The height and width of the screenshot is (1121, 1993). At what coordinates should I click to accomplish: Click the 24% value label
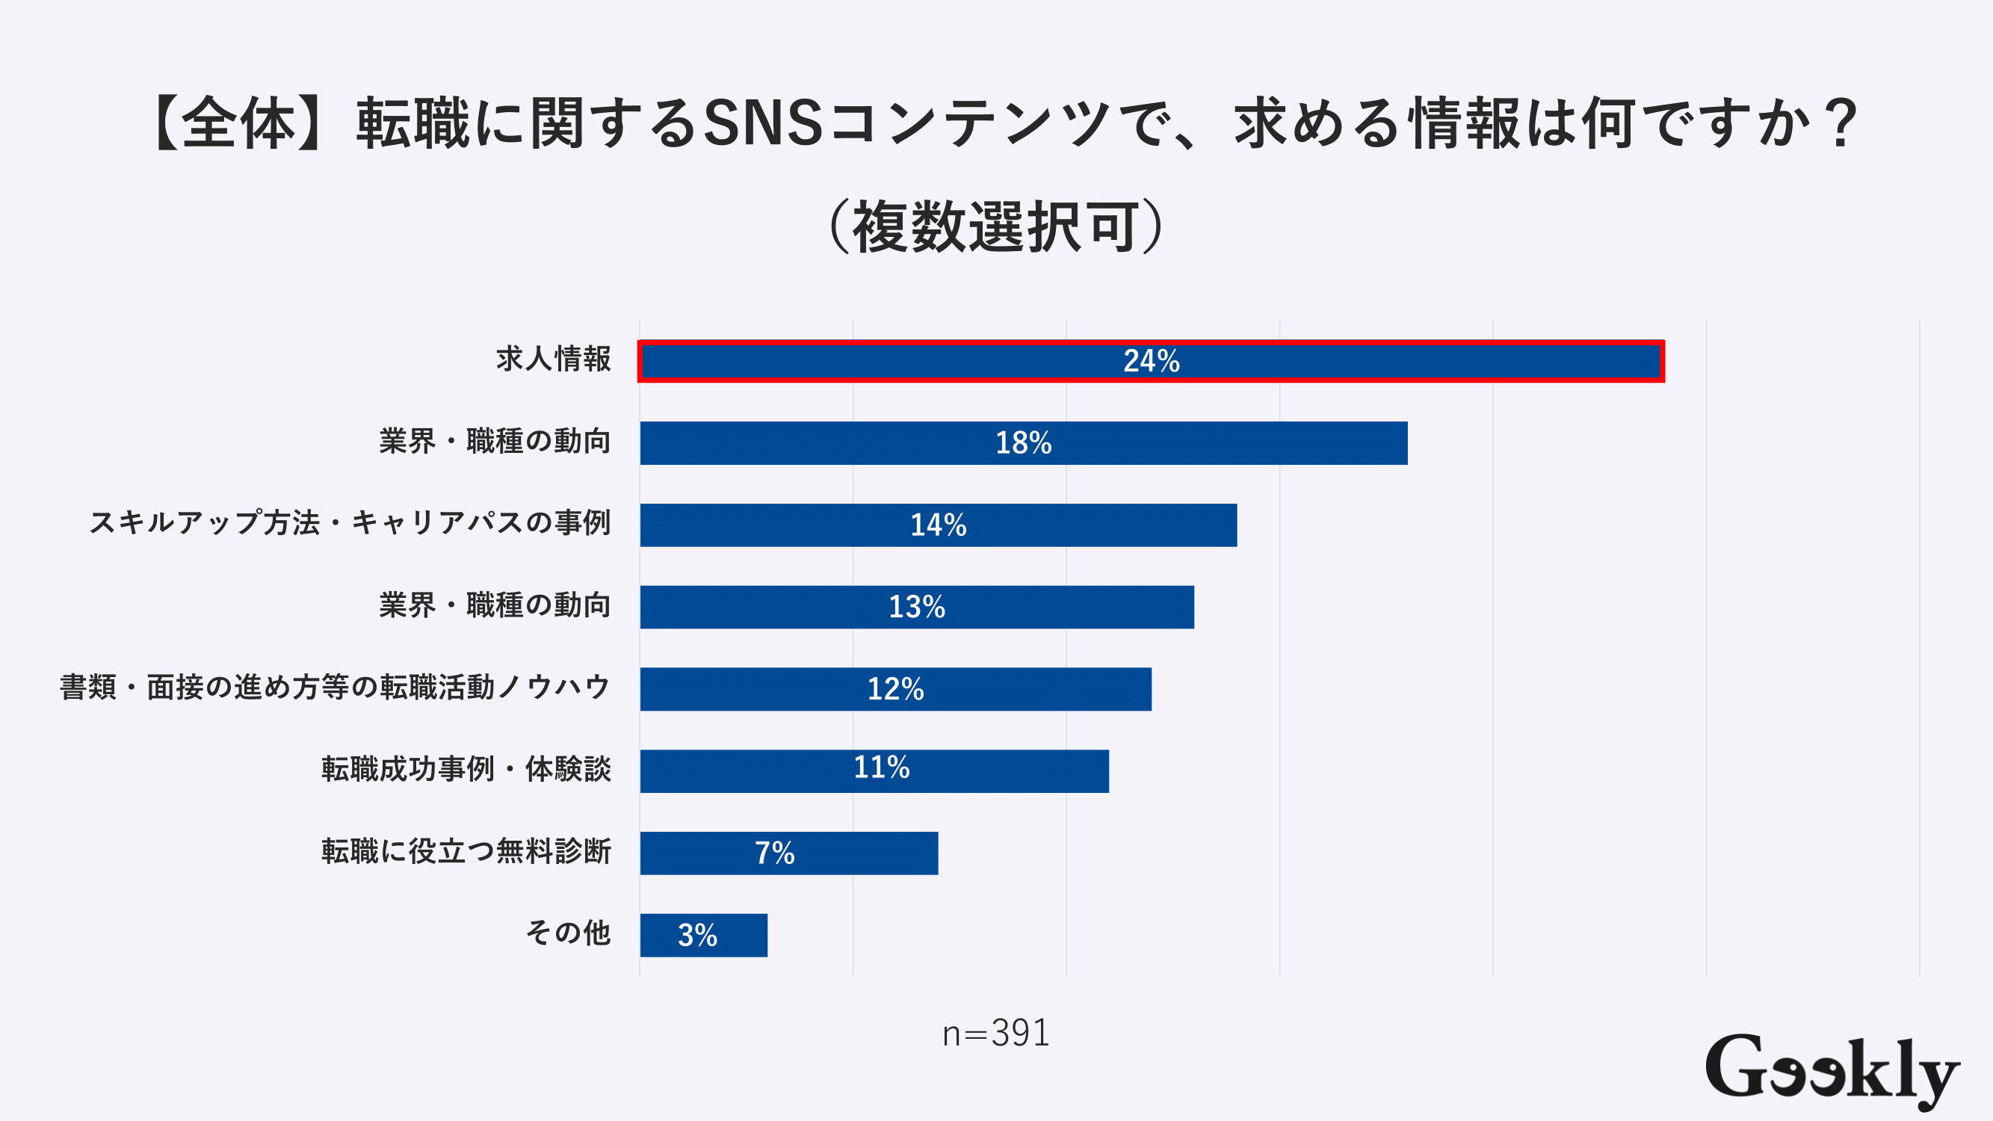1152,360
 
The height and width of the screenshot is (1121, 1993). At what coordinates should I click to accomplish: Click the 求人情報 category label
553,359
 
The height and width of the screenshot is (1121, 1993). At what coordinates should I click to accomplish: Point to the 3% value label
697,935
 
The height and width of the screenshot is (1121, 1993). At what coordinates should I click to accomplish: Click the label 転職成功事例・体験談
466,769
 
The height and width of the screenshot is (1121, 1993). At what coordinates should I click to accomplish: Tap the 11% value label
881,768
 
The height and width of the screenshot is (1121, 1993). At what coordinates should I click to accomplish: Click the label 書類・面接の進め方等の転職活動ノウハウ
335,687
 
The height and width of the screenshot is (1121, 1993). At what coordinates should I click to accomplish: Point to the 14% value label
938,525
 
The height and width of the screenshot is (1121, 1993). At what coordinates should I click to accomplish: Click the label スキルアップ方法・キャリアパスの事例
350,523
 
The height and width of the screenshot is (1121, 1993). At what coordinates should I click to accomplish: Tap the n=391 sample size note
995,1034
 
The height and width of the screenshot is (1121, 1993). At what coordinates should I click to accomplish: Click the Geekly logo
1832,1070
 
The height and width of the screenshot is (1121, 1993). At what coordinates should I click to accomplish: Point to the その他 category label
568,933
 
